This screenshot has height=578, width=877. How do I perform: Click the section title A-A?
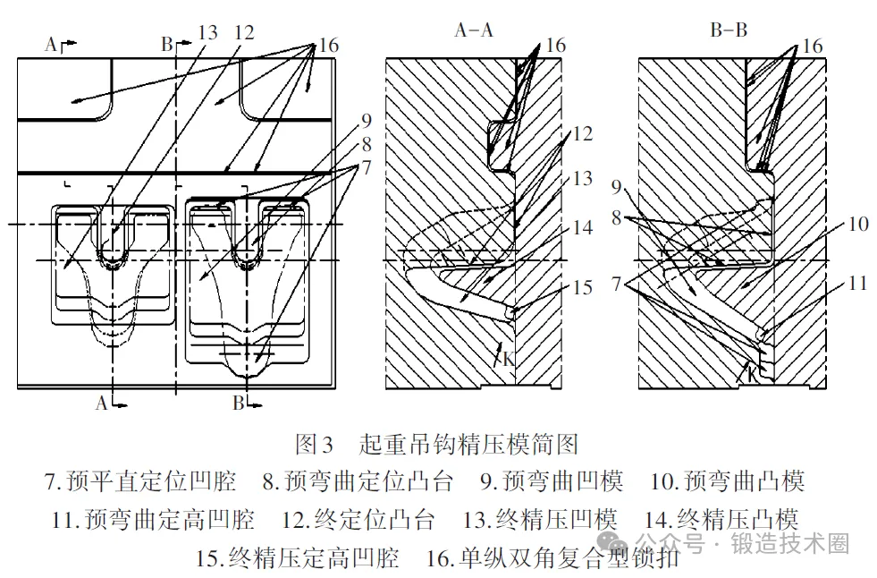click(x=475, y=30)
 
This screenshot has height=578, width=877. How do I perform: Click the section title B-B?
click(x=729, y=30)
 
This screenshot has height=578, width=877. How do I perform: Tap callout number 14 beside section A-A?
click(x=582, y=228)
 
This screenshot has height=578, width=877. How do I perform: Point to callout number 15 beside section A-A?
click(x=582, y=287)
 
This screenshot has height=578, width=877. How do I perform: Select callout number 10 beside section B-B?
click(x=857, y=224)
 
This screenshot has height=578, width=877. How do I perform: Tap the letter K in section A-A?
click(x=508, y=360)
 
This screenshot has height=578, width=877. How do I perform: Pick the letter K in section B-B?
click(x=754, y=370)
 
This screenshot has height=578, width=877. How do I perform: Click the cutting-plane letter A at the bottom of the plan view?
click(x=102, y=404)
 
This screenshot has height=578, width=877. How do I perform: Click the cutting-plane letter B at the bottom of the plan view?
click(x=238, y=404)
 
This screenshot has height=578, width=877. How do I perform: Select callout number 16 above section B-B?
click(x=811, y=46)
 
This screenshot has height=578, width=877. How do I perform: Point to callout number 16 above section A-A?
click(x=555, y=46)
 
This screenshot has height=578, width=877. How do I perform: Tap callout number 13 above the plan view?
click(x=207, y=33)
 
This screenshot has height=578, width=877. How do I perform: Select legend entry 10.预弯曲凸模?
click(x=727, y=481)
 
